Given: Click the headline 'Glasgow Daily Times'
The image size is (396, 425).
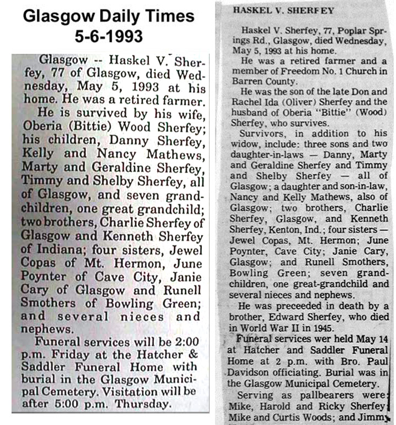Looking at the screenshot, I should (x=108, y=16).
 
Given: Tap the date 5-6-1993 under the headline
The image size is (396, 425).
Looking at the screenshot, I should (x=108, y=36).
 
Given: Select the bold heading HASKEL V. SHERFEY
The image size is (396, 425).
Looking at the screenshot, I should (x=268, y=10).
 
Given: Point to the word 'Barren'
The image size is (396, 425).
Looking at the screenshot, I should (x=248, y=81).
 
